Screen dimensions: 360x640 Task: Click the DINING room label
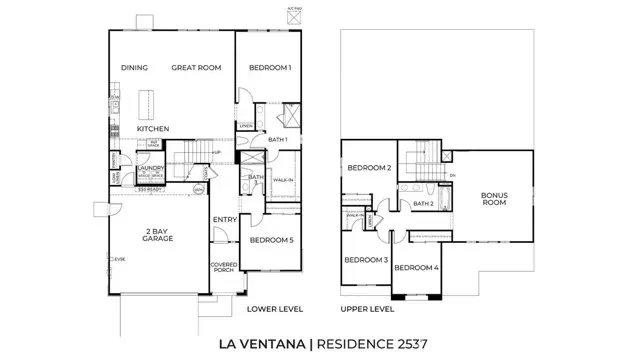(134, 68)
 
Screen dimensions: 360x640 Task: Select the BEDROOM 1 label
(268, 68)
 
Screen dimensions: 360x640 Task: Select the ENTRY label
(223, 220)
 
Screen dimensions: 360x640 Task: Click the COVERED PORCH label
(222, 267)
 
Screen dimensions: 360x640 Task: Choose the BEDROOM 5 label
(271, 240)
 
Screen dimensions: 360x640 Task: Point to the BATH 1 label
(278, 140)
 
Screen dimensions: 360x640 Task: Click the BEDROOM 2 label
(368, 167)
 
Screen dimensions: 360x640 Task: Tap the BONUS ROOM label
(494, 198)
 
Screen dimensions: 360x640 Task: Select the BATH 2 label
(423, 203)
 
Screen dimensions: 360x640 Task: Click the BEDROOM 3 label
(365, 260)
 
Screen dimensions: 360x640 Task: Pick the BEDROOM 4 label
(416, 267)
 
